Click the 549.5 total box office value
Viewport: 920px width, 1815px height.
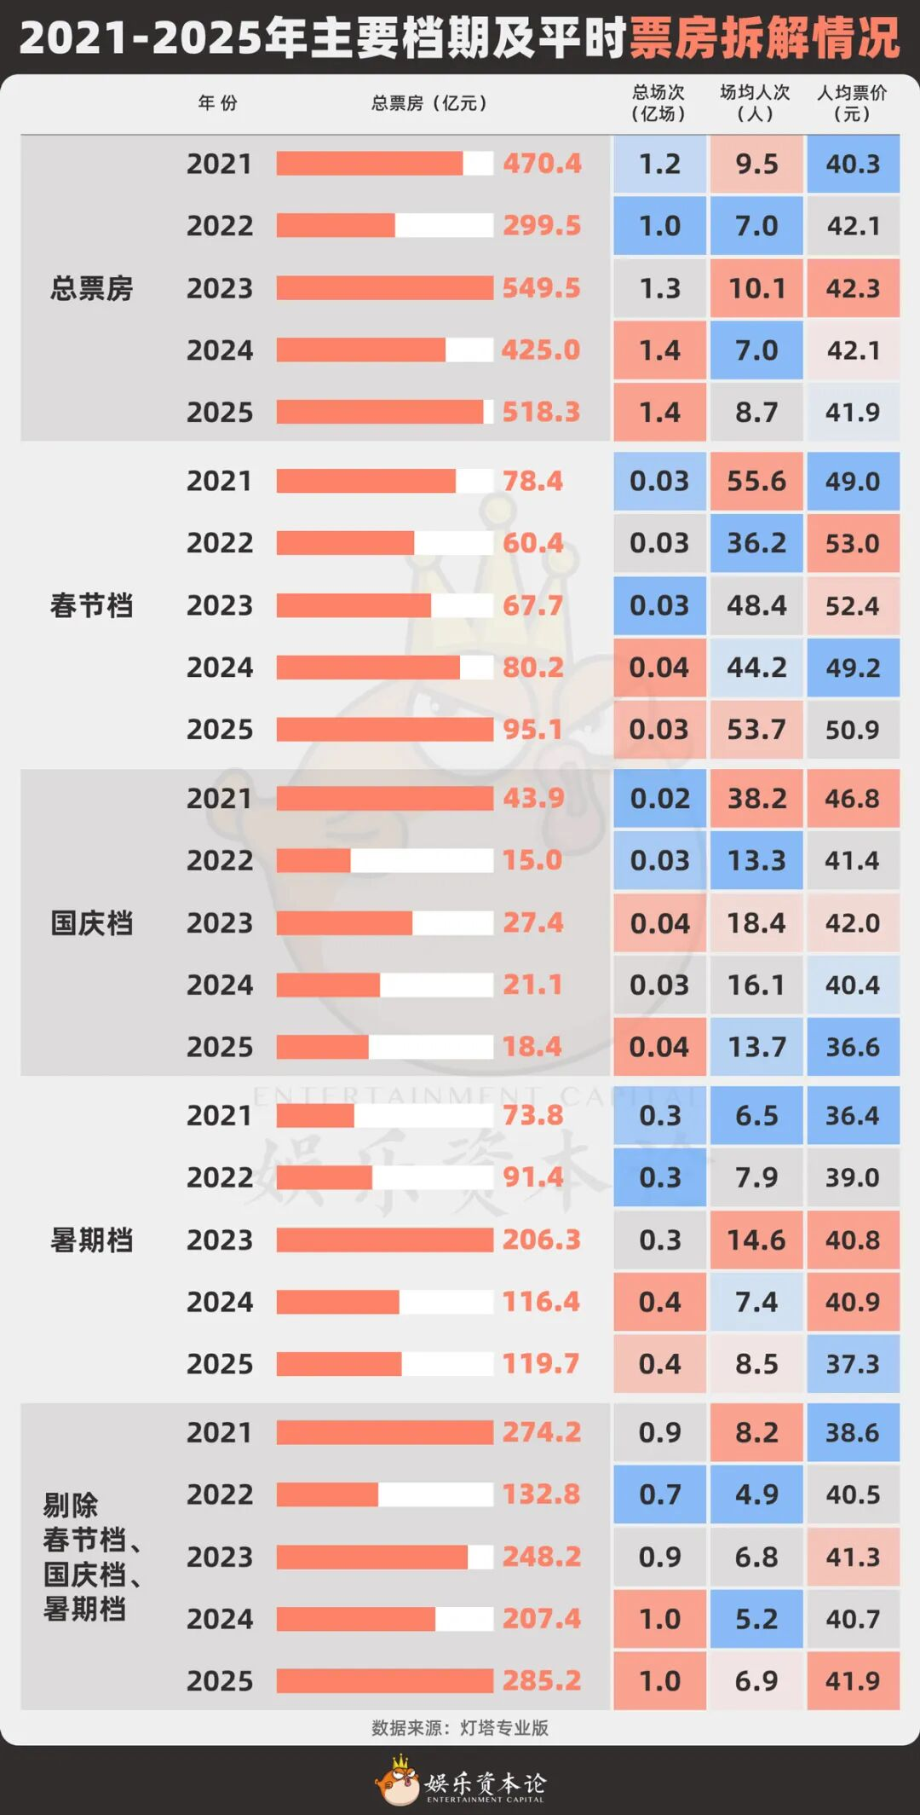point(541,288)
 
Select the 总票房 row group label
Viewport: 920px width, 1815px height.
point(91,288)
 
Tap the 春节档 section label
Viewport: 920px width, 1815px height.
point(91,605)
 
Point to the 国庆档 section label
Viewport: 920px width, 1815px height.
point(91,922)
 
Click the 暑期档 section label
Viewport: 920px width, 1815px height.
point(91,1240)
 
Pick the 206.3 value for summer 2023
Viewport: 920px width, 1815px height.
point(541,1240)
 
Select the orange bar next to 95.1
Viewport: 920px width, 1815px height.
point(384,730)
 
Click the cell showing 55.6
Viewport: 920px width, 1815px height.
point(756,482)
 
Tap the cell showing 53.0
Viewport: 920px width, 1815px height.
point(853,543)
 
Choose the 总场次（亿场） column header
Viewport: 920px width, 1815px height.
point(658,102)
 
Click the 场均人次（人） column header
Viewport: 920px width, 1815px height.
point(755,102)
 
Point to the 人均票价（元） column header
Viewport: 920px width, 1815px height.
point(852,102)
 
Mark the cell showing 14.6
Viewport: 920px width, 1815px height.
point(756,1240)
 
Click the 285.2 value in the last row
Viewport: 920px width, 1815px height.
point(541,1680)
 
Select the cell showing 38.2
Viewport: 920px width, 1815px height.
point(756,799)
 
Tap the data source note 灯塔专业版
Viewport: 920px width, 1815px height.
point(460,1728)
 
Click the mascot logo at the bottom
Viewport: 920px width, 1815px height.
point(400,1780)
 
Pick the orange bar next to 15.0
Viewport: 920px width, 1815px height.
point(313,861)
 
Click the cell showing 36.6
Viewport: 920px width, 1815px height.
point(853,1047)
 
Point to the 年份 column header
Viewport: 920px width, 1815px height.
point(218,103)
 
